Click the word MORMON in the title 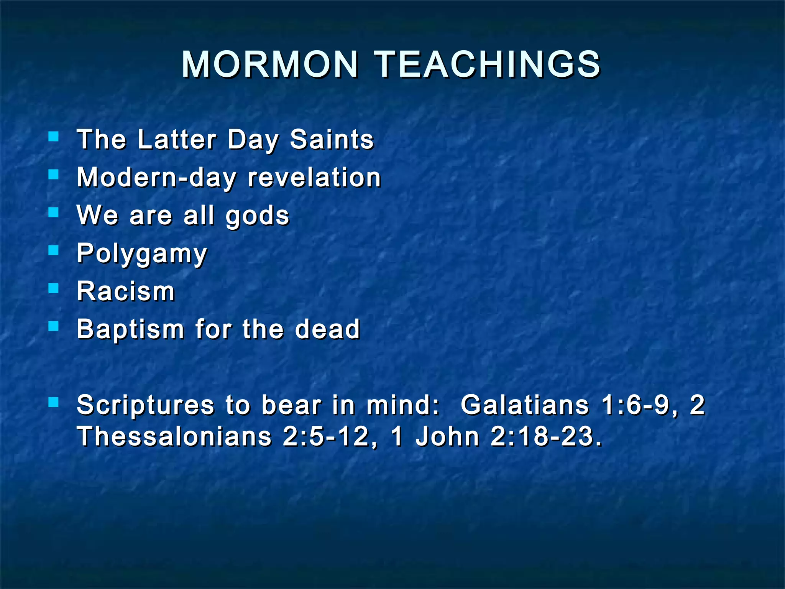pos(269,64)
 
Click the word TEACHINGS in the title pos(487,64)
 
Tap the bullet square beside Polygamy pos(54,250)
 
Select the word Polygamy pos(142,254)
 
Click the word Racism pos(126,291)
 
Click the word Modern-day pos(157,178)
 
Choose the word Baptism pos(131,329)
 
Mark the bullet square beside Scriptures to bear pos(54,402)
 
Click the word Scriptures pos(145,405)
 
